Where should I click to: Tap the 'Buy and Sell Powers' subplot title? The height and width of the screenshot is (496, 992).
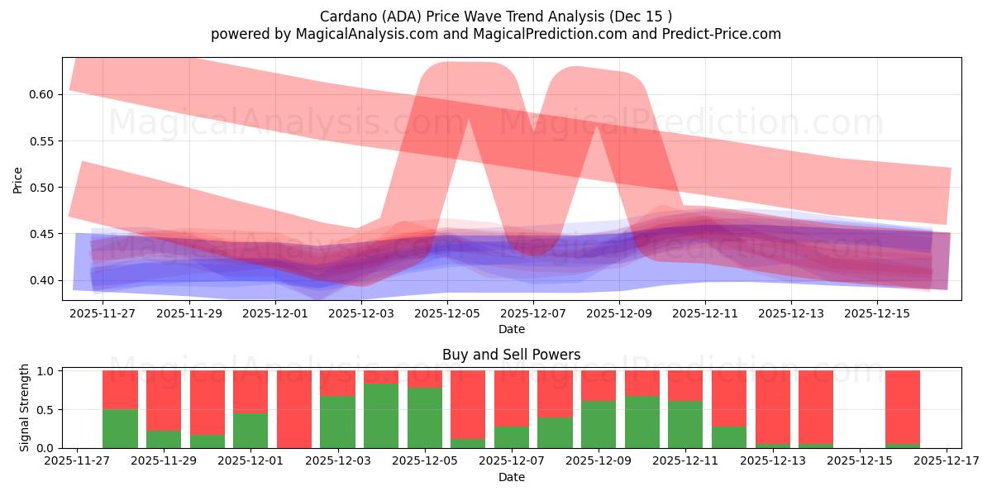(x=511, y=355)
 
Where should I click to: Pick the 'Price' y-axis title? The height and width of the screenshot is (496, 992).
(x=18, y=179)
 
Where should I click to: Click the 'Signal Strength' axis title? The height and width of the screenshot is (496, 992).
(x=25, y=408)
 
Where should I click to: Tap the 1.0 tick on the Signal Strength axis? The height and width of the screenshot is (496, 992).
(x=46, y=371)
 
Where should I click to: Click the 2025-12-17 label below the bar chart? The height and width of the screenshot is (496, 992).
(x=947, y=461)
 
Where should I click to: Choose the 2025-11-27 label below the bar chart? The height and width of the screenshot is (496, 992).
(x=77, y=461)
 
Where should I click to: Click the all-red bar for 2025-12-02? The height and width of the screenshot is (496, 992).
(x=294, y=409)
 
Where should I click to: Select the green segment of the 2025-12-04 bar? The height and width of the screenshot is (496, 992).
(x=381, y=416)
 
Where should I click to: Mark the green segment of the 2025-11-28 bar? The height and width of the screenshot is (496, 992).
(x=120, y=428)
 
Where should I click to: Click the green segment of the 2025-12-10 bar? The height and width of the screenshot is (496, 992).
(x=642, y=422)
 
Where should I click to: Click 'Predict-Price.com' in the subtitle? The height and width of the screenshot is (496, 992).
(x=725, y=34)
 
